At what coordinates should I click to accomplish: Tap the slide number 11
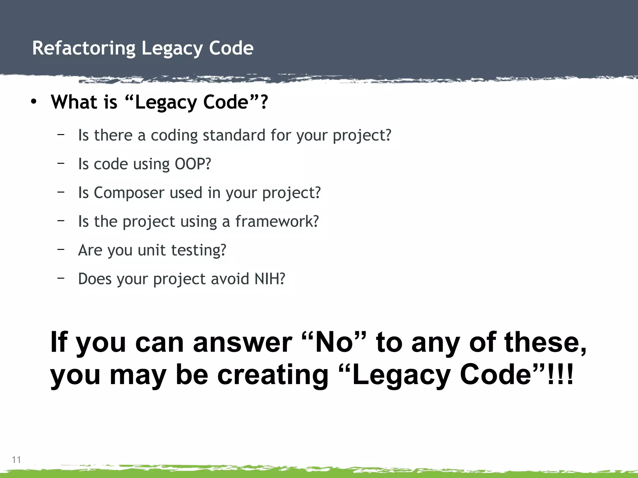click(16, 460)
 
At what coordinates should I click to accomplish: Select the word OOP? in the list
click(193, 164)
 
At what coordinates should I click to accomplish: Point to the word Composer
click(129, 193)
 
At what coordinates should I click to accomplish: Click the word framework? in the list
click(277, 221)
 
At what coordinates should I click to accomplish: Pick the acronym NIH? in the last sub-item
click(270, 279)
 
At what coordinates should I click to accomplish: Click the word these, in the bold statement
click(545, 342)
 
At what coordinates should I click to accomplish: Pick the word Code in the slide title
click(231, 48)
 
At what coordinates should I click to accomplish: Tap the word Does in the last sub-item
click(95, 279)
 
